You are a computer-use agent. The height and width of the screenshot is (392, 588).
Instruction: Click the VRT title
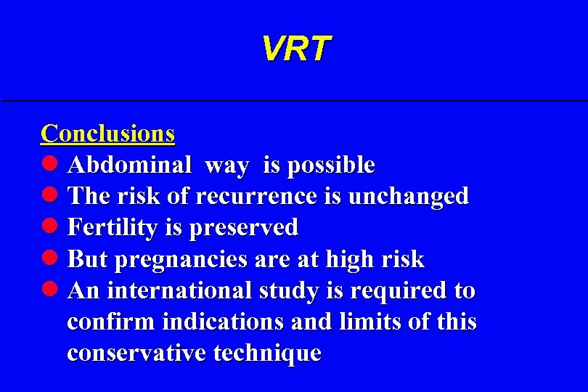[295, 49]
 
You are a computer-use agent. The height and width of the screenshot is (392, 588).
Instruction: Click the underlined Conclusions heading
[107, 134]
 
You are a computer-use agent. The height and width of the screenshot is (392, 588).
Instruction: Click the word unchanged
[409, 197]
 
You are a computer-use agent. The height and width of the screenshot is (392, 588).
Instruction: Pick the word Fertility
[113, 228]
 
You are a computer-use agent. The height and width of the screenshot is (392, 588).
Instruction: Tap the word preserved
[242, 229]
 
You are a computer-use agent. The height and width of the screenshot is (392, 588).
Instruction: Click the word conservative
[137, 353]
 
